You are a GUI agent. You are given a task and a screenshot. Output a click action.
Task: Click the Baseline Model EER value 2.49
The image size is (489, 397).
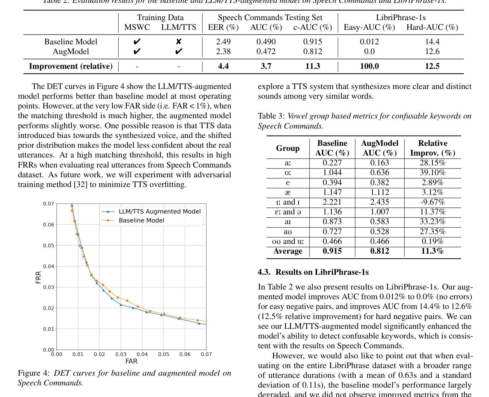(223, 42)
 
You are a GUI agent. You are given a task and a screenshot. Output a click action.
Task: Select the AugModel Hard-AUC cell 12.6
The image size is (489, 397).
(432, 52)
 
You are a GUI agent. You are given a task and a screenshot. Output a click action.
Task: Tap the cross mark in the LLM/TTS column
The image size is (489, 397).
(179, 42)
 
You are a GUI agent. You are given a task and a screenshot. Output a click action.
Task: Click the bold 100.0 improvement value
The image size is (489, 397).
(369, 66)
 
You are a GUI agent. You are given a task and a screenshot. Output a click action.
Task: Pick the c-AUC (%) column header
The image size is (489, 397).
(313, 28)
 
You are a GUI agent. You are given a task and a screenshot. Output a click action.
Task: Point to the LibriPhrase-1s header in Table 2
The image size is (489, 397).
(401, 18)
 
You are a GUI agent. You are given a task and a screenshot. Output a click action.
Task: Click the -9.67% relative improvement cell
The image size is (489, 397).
(433, 202)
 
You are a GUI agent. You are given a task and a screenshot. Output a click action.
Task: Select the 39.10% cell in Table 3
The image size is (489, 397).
(433, 173)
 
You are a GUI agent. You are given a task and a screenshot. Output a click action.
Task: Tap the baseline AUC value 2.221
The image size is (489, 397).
(332, 202)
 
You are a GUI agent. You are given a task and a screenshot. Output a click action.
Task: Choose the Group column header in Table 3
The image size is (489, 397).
(287, 148)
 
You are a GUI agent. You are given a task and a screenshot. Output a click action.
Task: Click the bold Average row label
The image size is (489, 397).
(287, 251)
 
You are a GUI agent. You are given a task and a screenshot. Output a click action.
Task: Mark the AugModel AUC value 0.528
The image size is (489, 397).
(379, 232)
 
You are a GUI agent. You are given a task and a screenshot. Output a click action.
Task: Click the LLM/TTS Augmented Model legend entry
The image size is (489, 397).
(159, 212)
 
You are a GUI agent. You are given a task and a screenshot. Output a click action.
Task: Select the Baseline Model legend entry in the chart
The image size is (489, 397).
(141, 220)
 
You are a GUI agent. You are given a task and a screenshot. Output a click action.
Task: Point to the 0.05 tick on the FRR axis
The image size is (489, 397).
(48, 245)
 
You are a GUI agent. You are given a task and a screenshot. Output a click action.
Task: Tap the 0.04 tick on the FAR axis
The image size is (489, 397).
(142, 354)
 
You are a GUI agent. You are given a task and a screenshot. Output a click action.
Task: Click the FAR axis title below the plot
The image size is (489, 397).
(131, 361)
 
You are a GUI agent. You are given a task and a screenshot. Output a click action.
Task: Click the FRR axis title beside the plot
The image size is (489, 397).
(39, 277)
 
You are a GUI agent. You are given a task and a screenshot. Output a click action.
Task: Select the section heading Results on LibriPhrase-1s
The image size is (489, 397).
(313, 272)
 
